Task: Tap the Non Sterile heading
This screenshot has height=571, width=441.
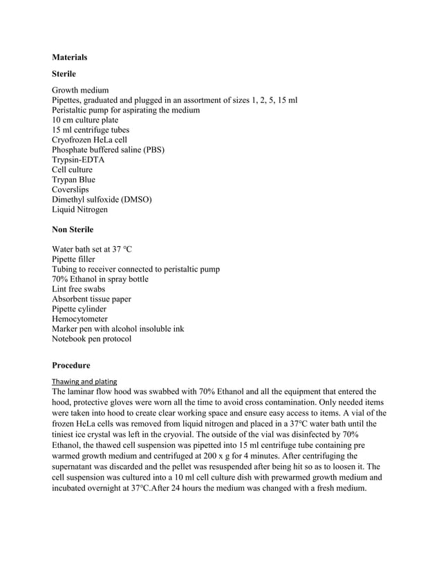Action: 73,230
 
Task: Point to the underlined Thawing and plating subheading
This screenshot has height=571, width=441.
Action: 84,381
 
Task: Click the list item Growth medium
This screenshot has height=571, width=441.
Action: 80,90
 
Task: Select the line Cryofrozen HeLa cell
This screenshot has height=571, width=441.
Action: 89,140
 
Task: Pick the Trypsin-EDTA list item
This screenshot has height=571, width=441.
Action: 78,160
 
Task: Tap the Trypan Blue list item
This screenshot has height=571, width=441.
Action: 74,180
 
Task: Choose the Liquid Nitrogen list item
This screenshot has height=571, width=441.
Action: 79,209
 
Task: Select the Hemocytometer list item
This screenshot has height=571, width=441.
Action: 79,319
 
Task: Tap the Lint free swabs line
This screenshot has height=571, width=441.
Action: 80,289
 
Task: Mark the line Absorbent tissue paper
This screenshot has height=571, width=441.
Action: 91,299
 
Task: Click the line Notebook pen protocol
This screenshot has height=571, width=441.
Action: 91,339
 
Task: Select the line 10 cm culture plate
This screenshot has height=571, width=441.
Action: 85,120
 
